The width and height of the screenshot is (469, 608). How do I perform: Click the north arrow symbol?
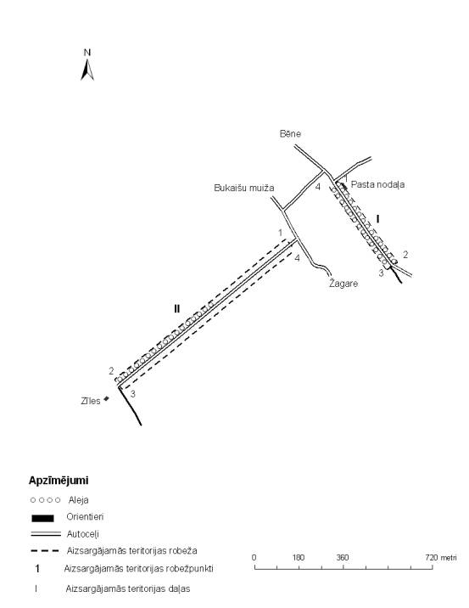[x=87, y=70]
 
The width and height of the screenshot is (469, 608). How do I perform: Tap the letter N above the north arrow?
[x=87, y=53]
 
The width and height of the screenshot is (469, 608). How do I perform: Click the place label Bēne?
[x=290, y=134]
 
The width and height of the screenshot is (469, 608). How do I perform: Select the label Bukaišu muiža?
[x=244, y=188]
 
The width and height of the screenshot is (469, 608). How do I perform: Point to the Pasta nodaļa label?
[x=377, y=184]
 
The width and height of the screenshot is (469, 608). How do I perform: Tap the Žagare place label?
[x=343, y=284]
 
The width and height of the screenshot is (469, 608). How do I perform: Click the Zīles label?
[x=91, y=401]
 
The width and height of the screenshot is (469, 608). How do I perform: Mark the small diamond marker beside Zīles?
[x=107, y=398]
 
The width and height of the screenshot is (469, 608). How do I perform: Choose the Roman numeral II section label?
[x=177, y=308]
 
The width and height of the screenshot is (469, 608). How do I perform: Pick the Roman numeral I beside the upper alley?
[x=378, y=219]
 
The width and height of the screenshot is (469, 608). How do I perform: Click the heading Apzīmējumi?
[x=59, y=481]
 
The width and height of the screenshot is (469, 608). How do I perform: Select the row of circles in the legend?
[x=46, y=500]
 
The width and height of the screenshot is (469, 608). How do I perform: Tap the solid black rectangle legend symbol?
[x=42, y=518]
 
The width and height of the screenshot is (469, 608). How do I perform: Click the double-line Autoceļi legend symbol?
[x=46, y=534]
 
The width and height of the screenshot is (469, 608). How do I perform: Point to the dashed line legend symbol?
[x=45, y=550]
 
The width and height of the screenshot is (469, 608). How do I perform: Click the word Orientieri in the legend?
[x=85, y=517]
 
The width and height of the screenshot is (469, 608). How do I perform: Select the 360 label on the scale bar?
[x=343, y=558]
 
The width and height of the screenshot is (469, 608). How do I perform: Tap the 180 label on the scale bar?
[x=299, y=558]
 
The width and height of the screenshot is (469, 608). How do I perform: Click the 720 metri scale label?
[x=441, y=558]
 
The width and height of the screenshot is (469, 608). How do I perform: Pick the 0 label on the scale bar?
[x=254, y=558]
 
